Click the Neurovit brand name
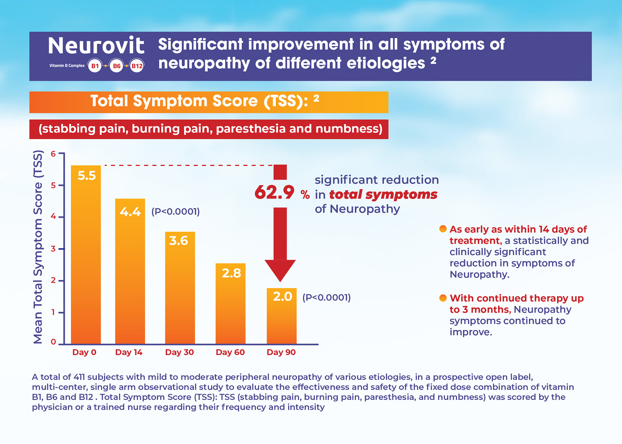pos(96,46)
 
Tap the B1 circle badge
pos(95,66)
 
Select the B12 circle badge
pos(137,66)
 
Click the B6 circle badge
pos(116,66)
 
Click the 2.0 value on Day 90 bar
pos(282,296)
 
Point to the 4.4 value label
pos(130,212)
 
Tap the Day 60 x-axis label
pos(230,352)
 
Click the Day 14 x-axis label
pos(129,352)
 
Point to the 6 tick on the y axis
pos(53,154)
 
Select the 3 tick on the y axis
pos(53,249)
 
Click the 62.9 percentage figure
pos(274,193)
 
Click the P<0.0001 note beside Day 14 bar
pos(175,212)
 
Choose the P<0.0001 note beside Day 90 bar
pos(326,297)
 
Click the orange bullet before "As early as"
pos(443,229)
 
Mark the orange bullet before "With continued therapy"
pos(443,298)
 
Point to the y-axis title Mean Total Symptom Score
pos(38,247)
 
